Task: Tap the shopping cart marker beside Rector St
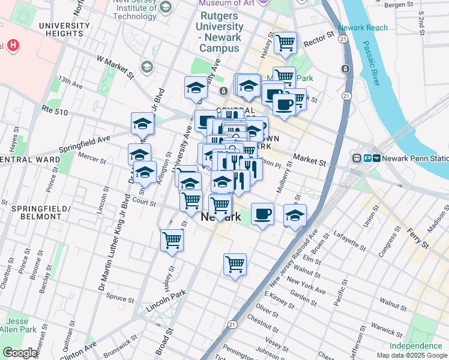[285, 43]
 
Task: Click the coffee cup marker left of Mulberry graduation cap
[262, 214]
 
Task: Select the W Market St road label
[115, 65]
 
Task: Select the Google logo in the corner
[20, 353]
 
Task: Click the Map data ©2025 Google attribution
[412, 355]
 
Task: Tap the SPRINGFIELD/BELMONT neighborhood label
[40, 213]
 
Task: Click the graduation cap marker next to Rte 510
[142, 123]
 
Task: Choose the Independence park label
[415, 346]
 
